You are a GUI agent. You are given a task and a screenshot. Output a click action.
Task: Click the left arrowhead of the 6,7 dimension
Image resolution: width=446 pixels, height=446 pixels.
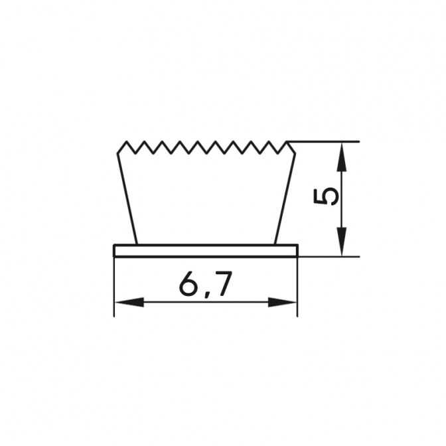tap(129, 303)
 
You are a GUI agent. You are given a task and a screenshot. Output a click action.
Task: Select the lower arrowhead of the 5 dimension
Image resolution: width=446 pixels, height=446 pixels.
tap(342, 242)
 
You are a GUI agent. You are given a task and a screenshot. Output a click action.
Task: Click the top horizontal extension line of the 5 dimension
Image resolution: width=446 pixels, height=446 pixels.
tap(323, 141)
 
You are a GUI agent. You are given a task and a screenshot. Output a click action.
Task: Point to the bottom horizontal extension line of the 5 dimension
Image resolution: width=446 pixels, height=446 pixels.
tap(329, 257)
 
